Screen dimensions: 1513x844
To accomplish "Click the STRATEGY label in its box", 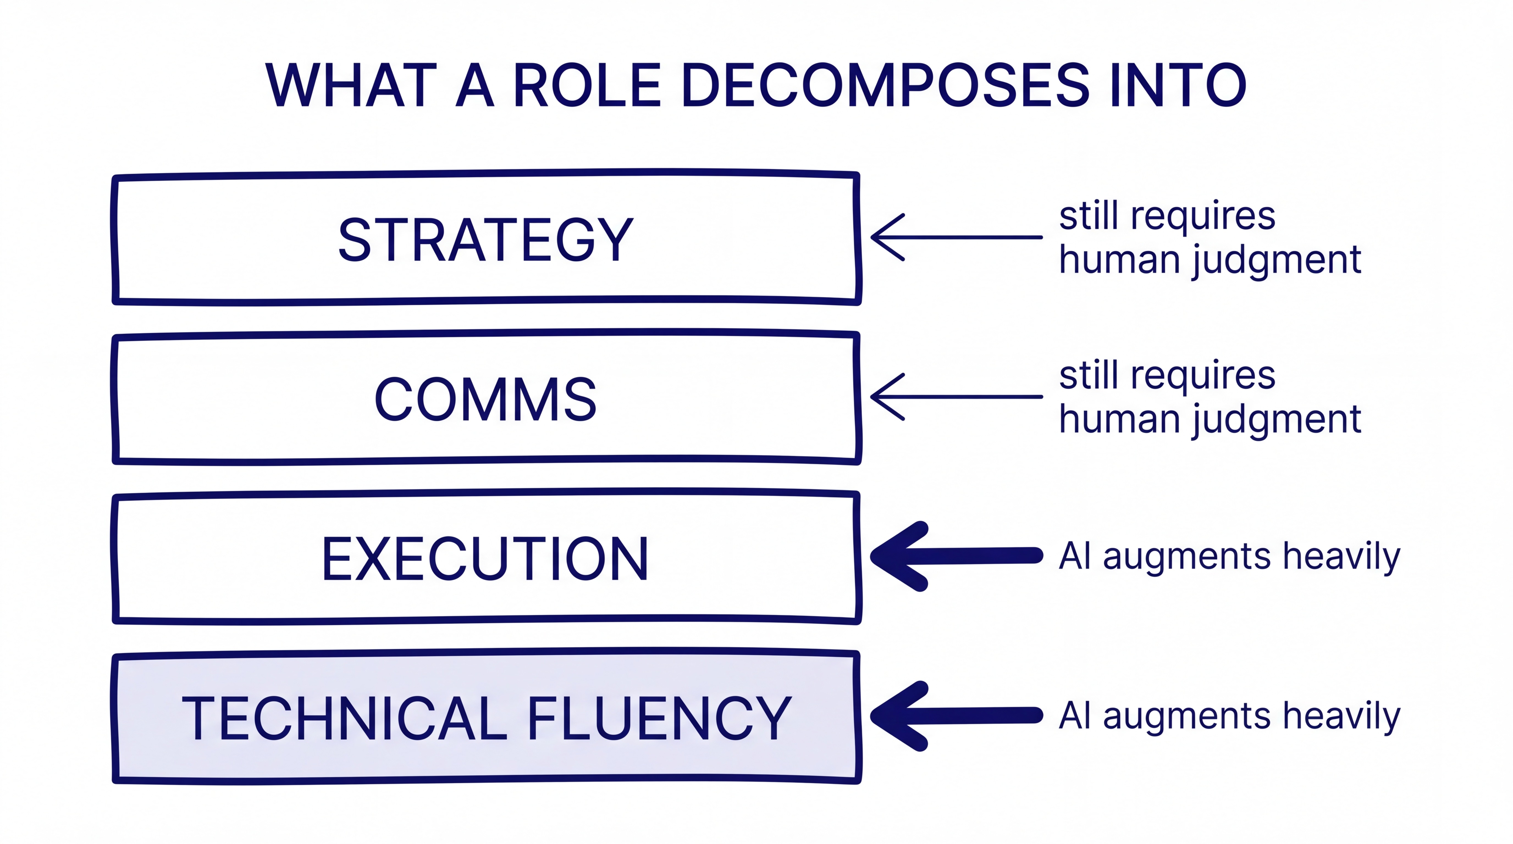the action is [x=486, y=240].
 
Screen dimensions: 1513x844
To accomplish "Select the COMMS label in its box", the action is [x=486, y=399].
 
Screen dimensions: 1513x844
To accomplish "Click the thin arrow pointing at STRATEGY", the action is [x=956, y=237].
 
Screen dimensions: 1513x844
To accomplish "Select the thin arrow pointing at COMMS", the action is [x=956, y=397].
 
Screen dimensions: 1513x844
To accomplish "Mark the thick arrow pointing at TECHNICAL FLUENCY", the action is [x=956, y=715].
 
